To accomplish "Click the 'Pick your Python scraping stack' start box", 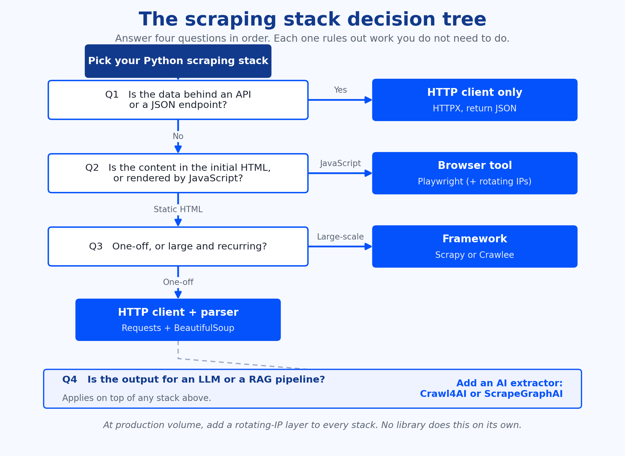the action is tap(178, 61).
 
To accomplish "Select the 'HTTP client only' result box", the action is tap(475, 100).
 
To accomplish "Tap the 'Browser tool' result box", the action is tap(475, 173).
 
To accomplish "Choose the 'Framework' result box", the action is tap(475, 246).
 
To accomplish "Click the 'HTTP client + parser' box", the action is tap(178, 320).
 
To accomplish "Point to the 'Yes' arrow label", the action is tap(340, 90).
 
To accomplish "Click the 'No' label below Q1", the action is tap(178, 136).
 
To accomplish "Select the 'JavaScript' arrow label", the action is tap(340, 163).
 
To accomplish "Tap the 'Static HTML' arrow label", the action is tap(178, 209).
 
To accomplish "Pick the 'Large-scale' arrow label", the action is tap(340, 237).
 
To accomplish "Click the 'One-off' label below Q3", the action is tap(178, 282).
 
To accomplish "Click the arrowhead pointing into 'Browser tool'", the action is tap(369, 173).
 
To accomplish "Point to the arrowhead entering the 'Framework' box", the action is tap(369, 246).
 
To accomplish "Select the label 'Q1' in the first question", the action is tap(112, 95).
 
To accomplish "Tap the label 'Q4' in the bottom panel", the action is tap(70, 379).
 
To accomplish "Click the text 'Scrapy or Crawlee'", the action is tap(475, 255).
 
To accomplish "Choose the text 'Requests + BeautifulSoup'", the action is tap(178, 328).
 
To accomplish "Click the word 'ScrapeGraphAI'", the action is tap(524, 394).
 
